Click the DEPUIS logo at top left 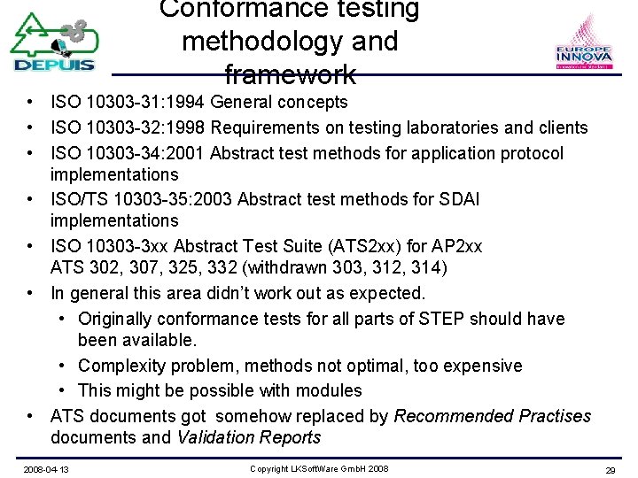coord(53,42)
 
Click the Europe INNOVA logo coord(583,44)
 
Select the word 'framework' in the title coord(290,73)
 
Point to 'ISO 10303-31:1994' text coord(129,103)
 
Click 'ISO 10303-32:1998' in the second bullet coord(129,128)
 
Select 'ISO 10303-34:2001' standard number coord(129,154)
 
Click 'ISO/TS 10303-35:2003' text coord(144,200)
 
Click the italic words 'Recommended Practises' coord(492,416)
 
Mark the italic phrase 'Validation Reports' coord(249,437)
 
